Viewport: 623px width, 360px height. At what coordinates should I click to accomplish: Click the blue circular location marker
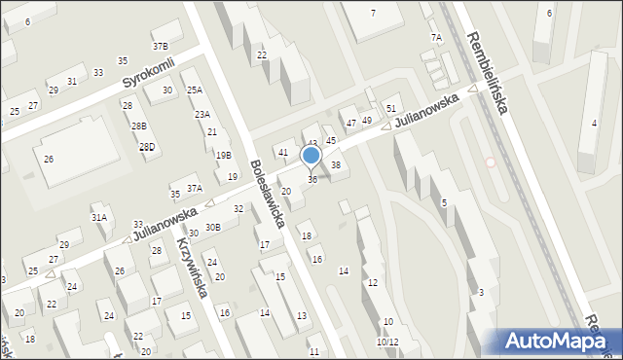311,155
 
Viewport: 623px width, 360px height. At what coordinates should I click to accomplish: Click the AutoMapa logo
558,341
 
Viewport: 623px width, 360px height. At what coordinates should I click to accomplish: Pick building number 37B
160,46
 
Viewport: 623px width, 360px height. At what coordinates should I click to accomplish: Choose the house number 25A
195,90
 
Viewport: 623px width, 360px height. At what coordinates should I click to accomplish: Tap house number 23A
202,114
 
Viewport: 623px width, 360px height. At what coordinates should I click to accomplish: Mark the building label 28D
147,147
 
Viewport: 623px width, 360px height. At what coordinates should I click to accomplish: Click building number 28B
140,126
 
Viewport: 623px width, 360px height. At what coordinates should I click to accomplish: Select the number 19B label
224,155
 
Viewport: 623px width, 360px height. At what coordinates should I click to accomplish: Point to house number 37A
194,188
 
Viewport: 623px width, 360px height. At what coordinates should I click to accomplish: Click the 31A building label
98,217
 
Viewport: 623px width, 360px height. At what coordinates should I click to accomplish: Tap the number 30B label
212,227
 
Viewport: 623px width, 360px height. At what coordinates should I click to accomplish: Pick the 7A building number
436,38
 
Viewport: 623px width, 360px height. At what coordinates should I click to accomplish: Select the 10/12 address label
387,342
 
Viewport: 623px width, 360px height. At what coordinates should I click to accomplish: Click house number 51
391,108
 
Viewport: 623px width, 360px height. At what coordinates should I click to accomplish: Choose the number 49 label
367,120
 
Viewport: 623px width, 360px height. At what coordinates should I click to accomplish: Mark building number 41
283,152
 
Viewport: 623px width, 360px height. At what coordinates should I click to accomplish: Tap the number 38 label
336,164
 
